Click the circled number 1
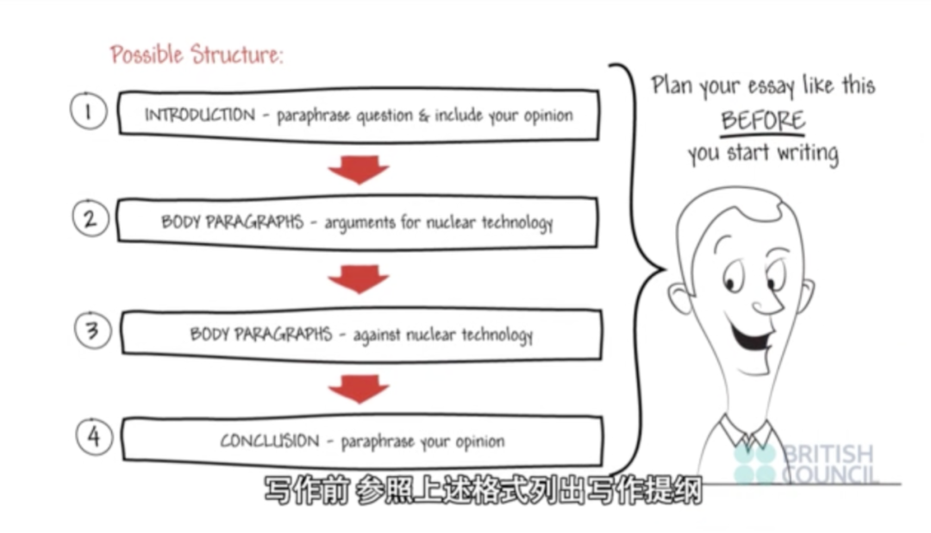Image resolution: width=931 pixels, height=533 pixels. [89, 111]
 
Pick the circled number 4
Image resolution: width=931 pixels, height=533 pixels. [94, 436]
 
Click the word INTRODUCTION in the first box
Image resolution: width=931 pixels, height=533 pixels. [199, 116]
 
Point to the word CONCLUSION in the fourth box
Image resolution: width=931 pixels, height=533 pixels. [269, 442]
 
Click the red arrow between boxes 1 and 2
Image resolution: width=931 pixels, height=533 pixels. [359, 169]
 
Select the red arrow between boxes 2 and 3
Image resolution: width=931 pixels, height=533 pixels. [359, 278]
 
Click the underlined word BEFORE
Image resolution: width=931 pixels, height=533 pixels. [763, 120]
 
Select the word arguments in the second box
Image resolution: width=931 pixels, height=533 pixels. [358, 223]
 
